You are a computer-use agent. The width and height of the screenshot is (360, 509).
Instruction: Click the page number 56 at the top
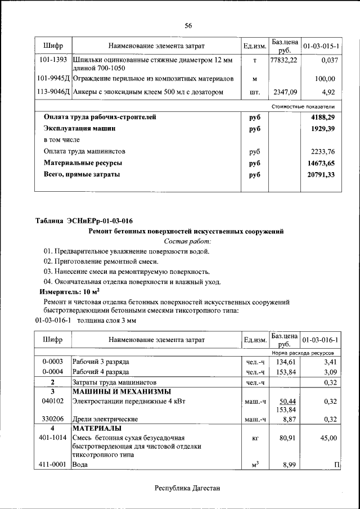(188, 26)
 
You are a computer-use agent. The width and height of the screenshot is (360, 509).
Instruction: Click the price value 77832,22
(283, 60)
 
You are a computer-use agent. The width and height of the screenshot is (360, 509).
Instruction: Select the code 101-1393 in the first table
(54, 60)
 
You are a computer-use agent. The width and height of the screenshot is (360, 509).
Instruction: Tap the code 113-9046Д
(53, 92)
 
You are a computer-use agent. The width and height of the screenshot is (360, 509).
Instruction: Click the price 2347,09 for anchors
(285, 92)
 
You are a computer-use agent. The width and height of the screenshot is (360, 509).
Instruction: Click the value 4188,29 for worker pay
(322, 117)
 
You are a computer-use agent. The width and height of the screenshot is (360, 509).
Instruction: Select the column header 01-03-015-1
(321, 46)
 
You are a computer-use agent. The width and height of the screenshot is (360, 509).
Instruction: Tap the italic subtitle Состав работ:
(187, 241)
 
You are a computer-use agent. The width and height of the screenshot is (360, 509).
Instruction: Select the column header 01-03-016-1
(321, 340)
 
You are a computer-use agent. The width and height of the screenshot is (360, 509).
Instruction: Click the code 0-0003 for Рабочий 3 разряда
(52, 362)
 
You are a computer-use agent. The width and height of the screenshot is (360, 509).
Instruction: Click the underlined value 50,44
(288, 401)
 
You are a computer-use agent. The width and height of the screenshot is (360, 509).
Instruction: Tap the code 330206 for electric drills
(52, 419)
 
